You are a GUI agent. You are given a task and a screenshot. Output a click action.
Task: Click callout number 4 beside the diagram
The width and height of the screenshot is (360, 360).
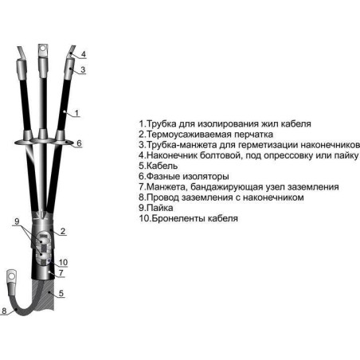(84, 54)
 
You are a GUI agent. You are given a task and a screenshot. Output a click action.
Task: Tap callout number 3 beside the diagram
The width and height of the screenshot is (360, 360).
(83, 69)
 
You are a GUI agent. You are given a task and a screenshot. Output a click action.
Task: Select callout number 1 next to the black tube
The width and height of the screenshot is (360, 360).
(76, 113)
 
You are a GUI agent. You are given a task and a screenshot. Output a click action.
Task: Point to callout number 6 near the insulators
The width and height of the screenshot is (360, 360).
(79, 143)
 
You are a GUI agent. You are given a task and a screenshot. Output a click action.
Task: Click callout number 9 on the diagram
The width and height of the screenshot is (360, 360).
(17, 221)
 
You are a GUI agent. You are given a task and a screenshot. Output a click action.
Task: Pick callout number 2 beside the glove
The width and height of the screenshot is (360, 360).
(63, 231)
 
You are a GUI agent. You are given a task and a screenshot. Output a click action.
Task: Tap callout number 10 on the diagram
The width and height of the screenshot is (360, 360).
(63, 262)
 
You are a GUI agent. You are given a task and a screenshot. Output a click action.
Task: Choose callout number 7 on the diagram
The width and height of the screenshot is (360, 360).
(61, 272)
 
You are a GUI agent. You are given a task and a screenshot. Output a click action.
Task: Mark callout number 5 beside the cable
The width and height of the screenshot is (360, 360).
(61, 293)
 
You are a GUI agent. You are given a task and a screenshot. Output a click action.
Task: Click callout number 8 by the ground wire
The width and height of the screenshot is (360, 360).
(4, 311)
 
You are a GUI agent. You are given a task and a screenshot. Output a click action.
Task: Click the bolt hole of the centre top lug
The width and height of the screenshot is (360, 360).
(43, 49)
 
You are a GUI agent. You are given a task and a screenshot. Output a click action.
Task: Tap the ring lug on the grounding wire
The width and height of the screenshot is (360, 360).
(11, 276)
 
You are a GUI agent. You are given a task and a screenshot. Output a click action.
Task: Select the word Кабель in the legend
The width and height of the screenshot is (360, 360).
(162, 166)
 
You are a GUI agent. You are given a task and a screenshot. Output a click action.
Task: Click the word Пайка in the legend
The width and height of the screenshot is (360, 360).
(160, 208)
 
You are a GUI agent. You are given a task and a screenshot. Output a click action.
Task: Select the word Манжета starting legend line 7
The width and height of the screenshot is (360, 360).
(166, 187)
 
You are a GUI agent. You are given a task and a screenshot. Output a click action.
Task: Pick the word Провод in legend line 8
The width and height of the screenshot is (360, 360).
(162, 198)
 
